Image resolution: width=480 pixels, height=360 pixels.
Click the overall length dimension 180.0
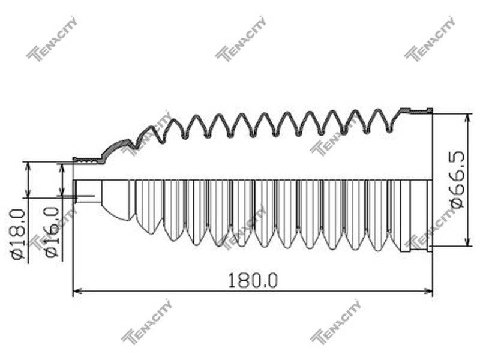(253, 280)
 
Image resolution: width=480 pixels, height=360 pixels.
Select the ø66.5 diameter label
(457, 179)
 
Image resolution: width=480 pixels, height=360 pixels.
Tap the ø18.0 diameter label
(19, 235)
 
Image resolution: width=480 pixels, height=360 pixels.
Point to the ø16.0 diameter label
(52, 232)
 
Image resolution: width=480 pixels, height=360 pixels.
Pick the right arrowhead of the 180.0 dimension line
(428, 291)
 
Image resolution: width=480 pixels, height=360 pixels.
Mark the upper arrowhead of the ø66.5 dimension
(467, 118)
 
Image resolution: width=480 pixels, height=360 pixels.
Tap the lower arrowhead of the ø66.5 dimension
(467, 241)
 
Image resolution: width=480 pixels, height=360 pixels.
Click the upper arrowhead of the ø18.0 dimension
(28, 166)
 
